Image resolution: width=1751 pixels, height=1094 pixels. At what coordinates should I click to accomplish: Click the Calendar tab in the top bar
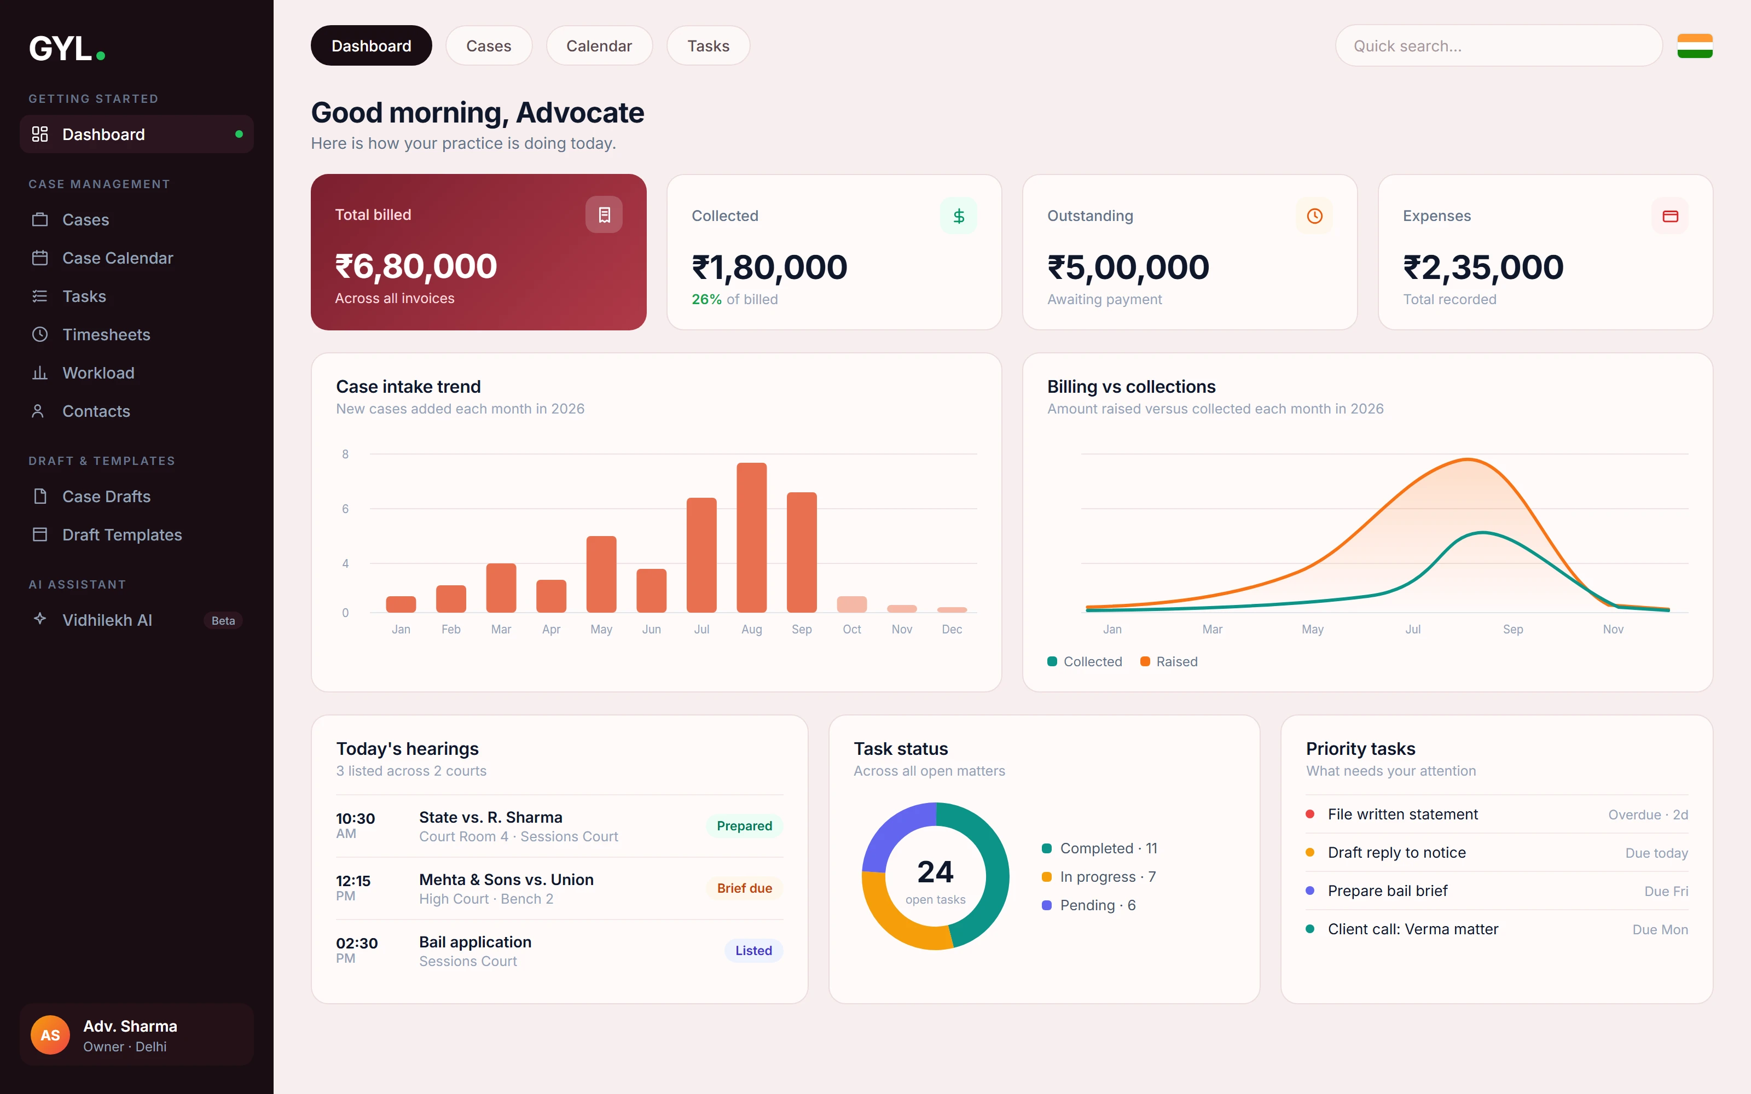[x=599, y=45]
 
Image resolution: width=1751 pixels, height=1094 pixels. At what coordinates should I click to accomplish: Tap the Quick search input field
[x=1499, y=45]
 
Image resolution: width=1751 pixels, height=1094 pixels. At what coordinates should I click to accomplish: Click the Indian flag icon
[x=1695, y=45]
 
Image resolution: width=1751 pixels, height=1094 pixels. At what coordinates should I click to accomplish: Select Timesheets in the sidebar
[x=106, y=334]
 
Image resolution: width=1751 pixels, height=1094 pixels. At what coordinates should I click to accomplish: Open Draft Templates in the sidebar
[x=121, y=535]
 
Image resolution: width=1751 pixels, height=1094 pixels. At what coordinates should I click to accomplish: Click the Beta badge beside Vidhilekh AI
[x=223, y=620]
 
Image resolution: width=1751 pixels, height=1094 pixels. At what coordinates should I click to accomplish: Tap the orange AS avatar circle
[x=50, y=1035]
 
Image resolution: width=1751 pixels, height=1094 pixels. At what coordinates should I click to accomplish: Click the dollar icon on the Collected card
[x=959, y=216]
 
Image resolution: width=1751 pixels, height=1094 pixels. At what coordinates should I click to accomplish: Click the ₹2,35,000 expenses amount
[x=1483, y=267]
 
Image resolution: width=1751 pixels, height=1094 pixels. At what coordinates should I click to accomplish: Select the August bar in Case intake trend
[x=752, y=538]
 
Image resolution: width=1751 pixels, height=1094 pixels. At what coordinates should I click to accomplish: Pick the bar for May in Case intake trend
[x=601, y=574]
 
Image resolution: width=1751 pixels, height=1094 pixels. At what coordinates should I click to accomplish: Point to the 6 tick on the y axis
[x=345, y=509]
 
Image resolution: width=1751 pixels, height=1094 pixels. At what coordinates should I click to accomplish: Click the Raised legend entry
[x=1169, y=661]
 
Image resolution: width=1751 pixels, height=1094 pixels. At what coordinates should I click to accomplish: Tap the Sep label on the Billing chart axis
[x=1513, y=630]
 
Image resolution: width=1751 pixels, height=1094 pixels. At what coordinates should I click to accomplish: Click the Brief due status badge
[x=745, y=888]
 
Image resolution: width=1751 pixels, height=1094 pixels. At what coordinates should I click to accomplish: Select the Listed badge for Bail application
[x=753, y=950]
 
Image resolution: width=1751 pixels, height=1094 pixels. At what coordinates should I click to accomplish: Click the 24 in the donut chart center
[x=936, y=872]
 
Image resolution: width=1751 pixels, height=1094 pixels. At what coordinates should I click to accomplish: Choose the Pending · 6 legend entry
[x=1089, y=905]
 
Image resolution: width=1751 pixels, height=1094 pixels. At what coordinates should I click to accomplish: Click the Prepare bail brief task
[x=1388, y=891]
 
